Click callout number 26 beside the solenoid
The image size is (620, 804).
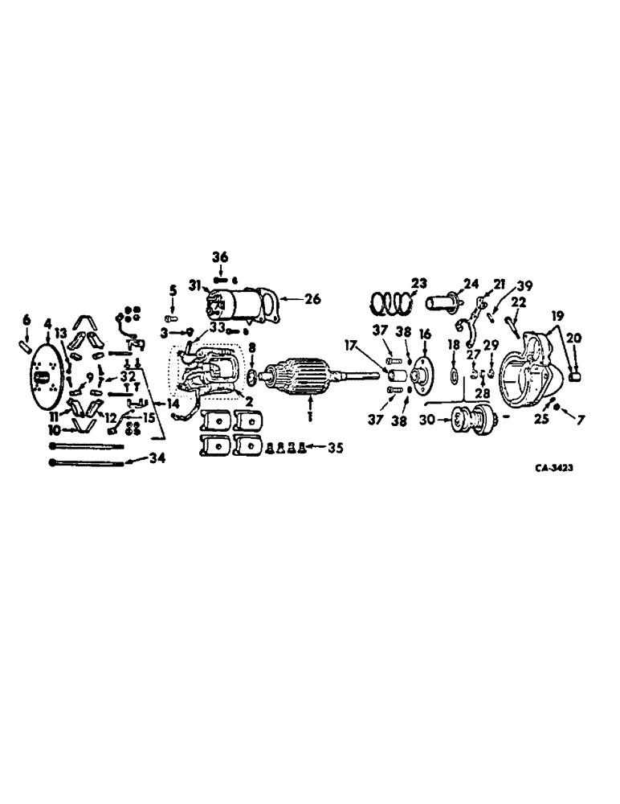tap(312, 299)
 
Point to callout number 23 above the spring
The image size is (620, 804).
tap(419, 282)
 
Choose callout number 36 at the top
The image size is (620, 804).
tap(220, 257)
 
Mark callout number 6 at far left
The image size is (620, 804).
tap(26, 320)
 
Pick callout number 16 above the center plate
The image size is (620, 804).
tap(425, 333)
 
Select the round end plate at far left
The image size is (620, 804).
tap(46, 377)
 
